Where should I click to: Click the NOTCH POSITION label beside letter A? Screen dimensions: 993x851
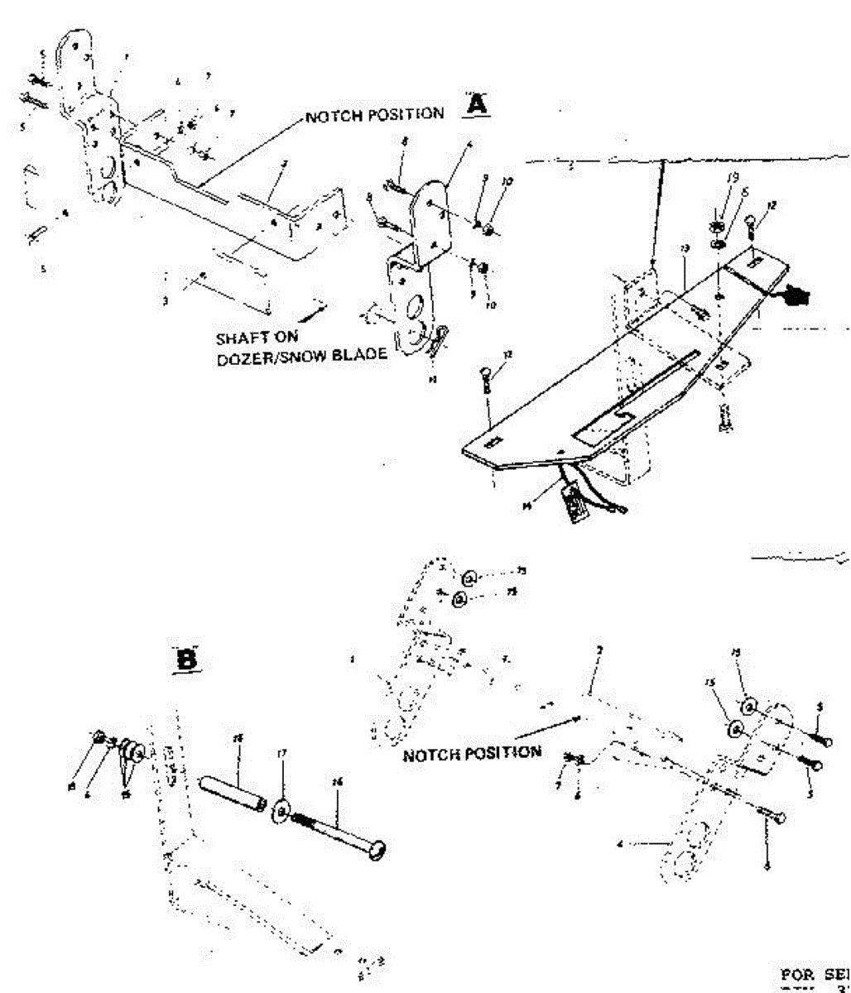click(x=374, y=114)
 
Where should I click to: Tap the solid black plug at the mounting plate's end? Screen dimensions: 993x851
click(x=798, y=294)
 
